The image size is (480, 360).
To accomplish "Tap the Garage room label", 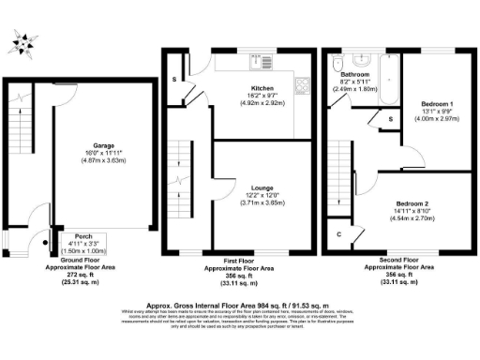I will [102, 146].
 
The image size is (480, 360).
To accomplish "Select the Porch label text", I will [70, 236].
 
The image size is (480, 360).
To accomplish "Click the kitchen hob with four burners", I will [302, 90].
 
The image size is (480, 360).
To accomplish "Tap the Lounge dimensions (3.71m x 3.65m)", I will [248, 202].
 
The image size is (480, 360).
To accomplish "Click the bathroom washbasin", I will [359, 58].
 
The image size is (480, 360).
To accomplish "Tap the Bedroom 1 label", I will [437, 101].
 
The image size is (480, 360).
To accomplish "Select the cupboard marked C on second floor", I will [338, 233].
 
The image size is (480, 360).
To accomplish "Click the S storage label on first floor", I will [174, 80].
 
